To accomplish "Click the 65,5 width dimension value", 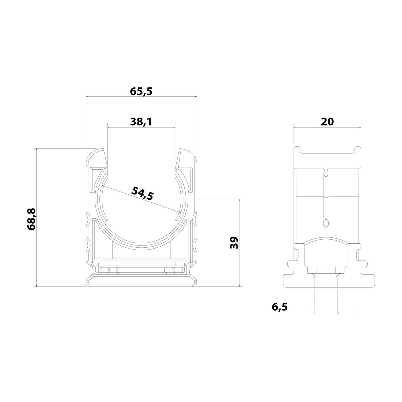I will (x=141, y=91).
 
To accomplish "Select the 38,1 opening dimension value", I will (x=141, y=122).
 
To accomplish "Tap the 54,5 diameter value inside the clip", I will (x=142, y=193).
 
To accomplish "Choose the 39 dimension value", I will (x=234, y=243).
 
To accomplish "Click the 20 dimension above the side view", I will (x=327, y=122).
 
